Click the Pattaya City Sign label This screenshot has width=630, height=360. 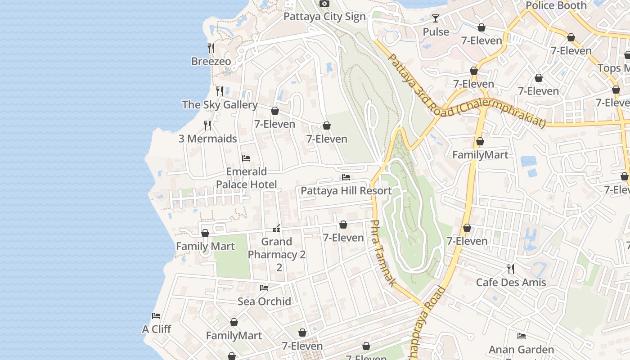[x=324, y=17]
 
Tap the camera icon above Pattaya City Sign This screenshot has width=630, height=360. [x=324, y=4]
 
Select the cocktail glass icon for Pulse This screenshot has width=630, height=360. [x=436, y=18]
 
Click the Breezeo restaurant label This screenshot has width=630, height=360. [x=211, y=61]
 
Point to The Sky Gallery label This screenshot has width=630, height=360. [x=220, y=105]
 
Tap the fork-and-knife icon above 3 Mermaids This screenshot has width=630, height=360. [x=207, y=125]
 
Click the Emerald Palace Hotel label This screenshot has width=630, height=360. [x=246, y=178]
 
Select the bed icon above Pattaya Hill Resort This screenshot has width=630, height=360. [x=346, y=177]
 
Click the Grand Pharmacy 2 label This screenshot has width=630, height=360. [x=277, y=254]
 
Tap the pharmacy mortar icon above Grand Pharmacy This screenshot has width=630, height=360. [x=277, y=229]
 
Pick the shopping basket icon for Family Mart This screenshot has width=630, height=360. [x=205, y=233]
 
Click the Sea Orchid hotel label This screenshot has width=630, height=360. [x=264, y=301]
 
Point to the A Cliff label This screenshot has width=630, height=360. [x=157, y=329]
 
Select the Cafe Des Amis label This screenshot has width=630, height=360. [x=511, y=283]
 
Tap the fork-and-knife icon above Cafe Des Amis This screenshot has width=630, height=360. [x=511, y=269]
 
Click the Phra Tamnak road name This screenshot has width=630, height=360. [x=383, y=253]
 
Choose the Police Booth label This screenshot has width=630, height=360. [x=556, y=5]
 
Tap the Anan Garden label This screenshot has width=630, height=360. [x=521, y=349]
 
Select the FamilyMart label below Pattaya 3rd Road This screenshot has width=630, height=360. [x=480, y=155]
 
